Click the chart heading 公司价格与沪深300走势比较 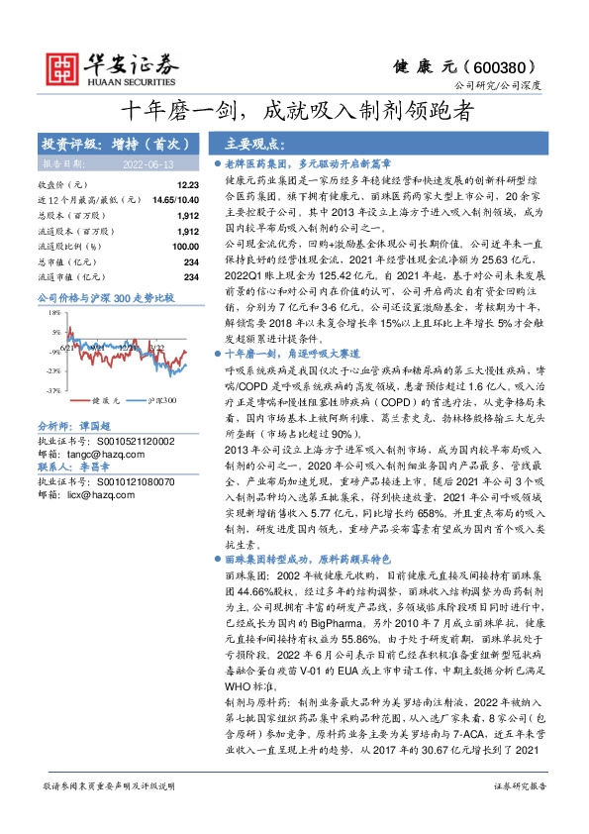point(105,296)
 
